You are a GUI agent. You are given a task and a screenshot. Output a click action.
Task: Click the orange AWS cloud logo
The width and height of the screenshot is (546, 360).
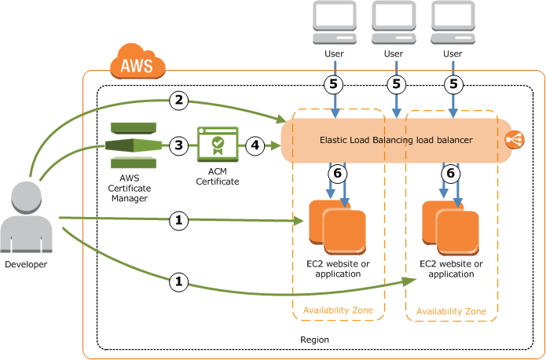(x=138, y=62)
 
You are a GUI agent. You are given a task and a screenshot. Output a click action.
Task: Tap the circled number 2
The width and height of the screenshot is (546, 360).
(x=179, y=100)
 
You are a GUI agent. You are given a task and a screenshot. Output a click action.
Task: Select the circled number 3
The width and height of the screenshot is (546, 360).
(x=179, y=145)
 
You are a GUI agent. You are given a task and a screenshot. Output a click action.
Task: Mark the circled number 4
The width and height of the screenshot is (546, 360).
(x=255, y=145)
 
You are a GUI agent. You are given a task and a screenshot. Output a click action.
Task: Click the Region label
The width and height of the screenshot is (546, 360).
(x=314, y=340)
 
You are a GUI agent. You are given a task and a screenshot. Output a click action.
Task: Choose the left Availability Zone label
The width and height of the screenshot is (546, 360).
(x=338, y=311)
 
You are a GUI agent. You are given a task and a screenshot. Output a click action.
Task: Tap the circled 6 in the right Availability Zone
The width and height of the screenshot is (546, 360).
(x=450, y=174)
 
